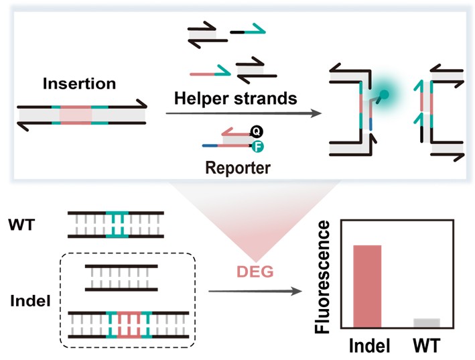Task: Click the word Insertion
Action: point(79,84)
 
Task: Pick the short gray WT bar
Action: point(427,322)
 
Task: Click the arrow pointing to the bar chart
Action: point(253,292)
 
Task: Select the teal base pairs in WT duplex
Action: point(118,224)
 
